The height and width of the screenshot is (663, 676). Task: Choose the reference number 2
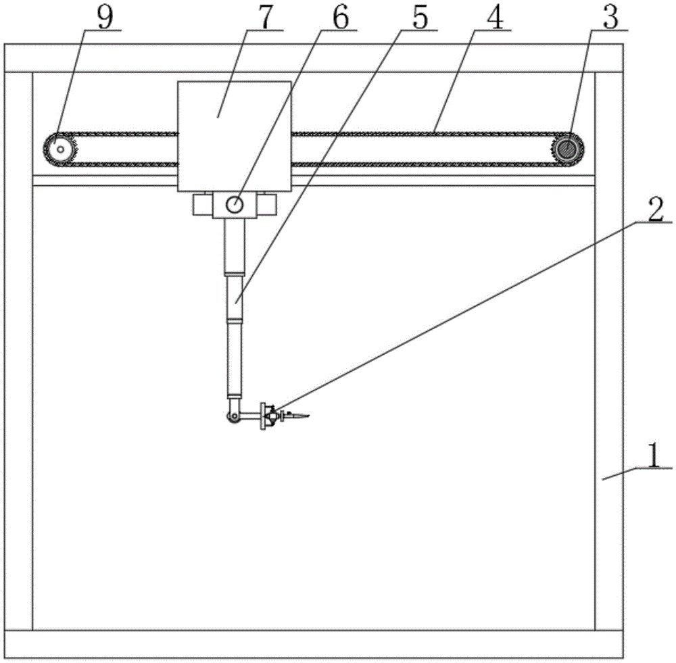point(653,211)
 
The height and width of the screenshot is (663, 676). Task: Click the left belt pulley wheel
point(60,147)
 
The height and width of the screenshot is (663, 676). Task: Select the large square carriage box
point(235,135)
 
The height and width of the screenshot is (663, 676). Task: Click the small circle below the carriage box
point(235,204)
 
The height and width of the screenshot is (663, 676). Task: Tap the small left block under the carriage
point(201,204)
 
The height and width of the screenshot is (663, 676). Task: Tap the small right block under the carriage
point(268,204)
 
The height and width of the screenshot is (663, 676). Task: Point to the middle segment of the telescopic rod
point(235,297)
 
